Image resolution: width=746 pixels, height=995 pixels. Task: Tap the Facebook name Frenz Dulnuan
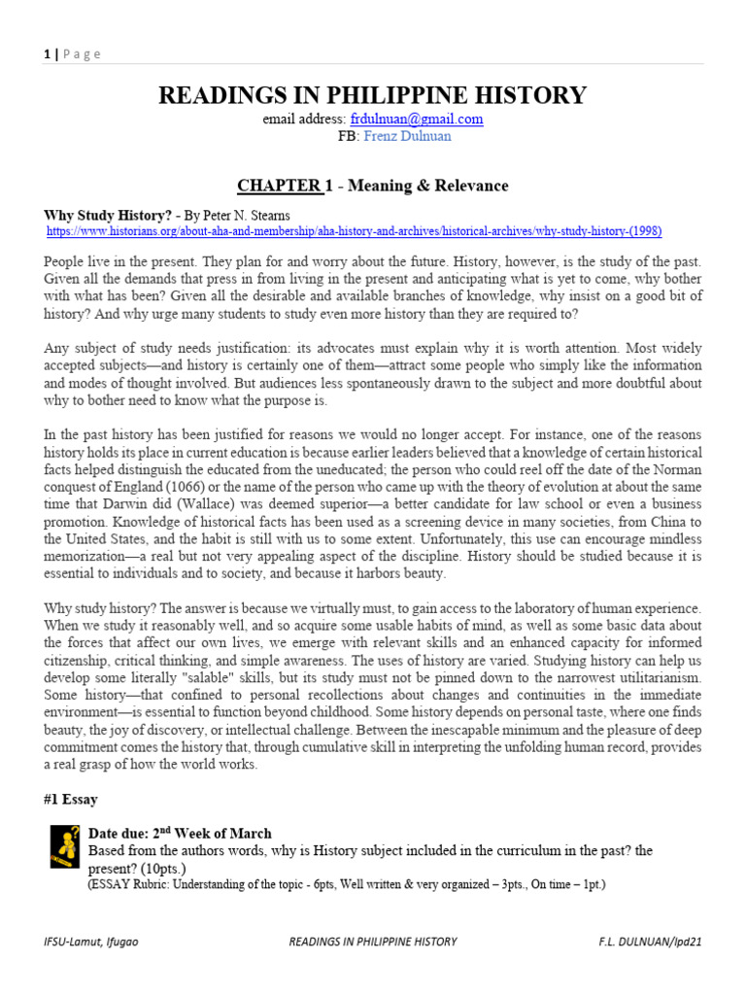coord(407,136)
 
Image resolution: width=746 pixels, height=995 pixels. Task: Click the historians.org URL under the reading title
coord(355,231)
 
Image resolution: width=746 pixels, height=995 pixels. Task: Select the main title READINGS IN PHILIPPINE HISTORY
coord(372,95)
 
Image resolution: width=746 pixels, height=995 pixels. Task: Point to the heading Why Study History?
coord(108,214)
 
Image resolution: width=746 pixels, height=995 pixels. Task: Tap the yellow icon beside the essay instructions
coord(65,846)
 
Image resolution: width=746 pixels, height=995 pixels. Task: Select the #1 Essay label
coord(71,800)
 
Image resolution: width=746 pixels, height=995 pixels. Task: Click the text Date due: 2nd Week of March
coord(180,834)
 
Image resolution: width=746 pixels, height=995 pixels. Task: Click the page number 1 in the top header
coord(47,54)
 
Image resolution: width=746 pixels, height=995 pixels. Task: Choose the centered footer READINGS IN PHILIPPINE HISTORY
coord(373,942)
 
